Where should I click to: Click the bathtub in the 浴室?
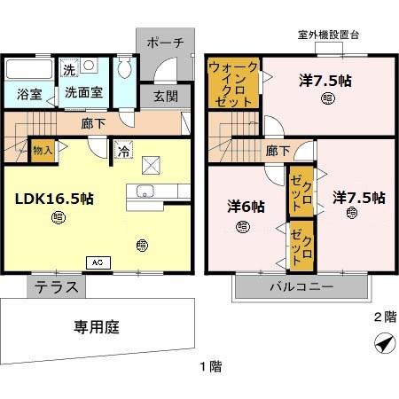[x=29, y=69]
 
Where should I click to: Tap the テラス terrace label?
[x=57, y=286]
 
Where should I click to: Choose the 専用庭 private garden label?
[x=96, y=326]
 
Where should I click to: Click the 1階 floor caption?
[x=210, y=365]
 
